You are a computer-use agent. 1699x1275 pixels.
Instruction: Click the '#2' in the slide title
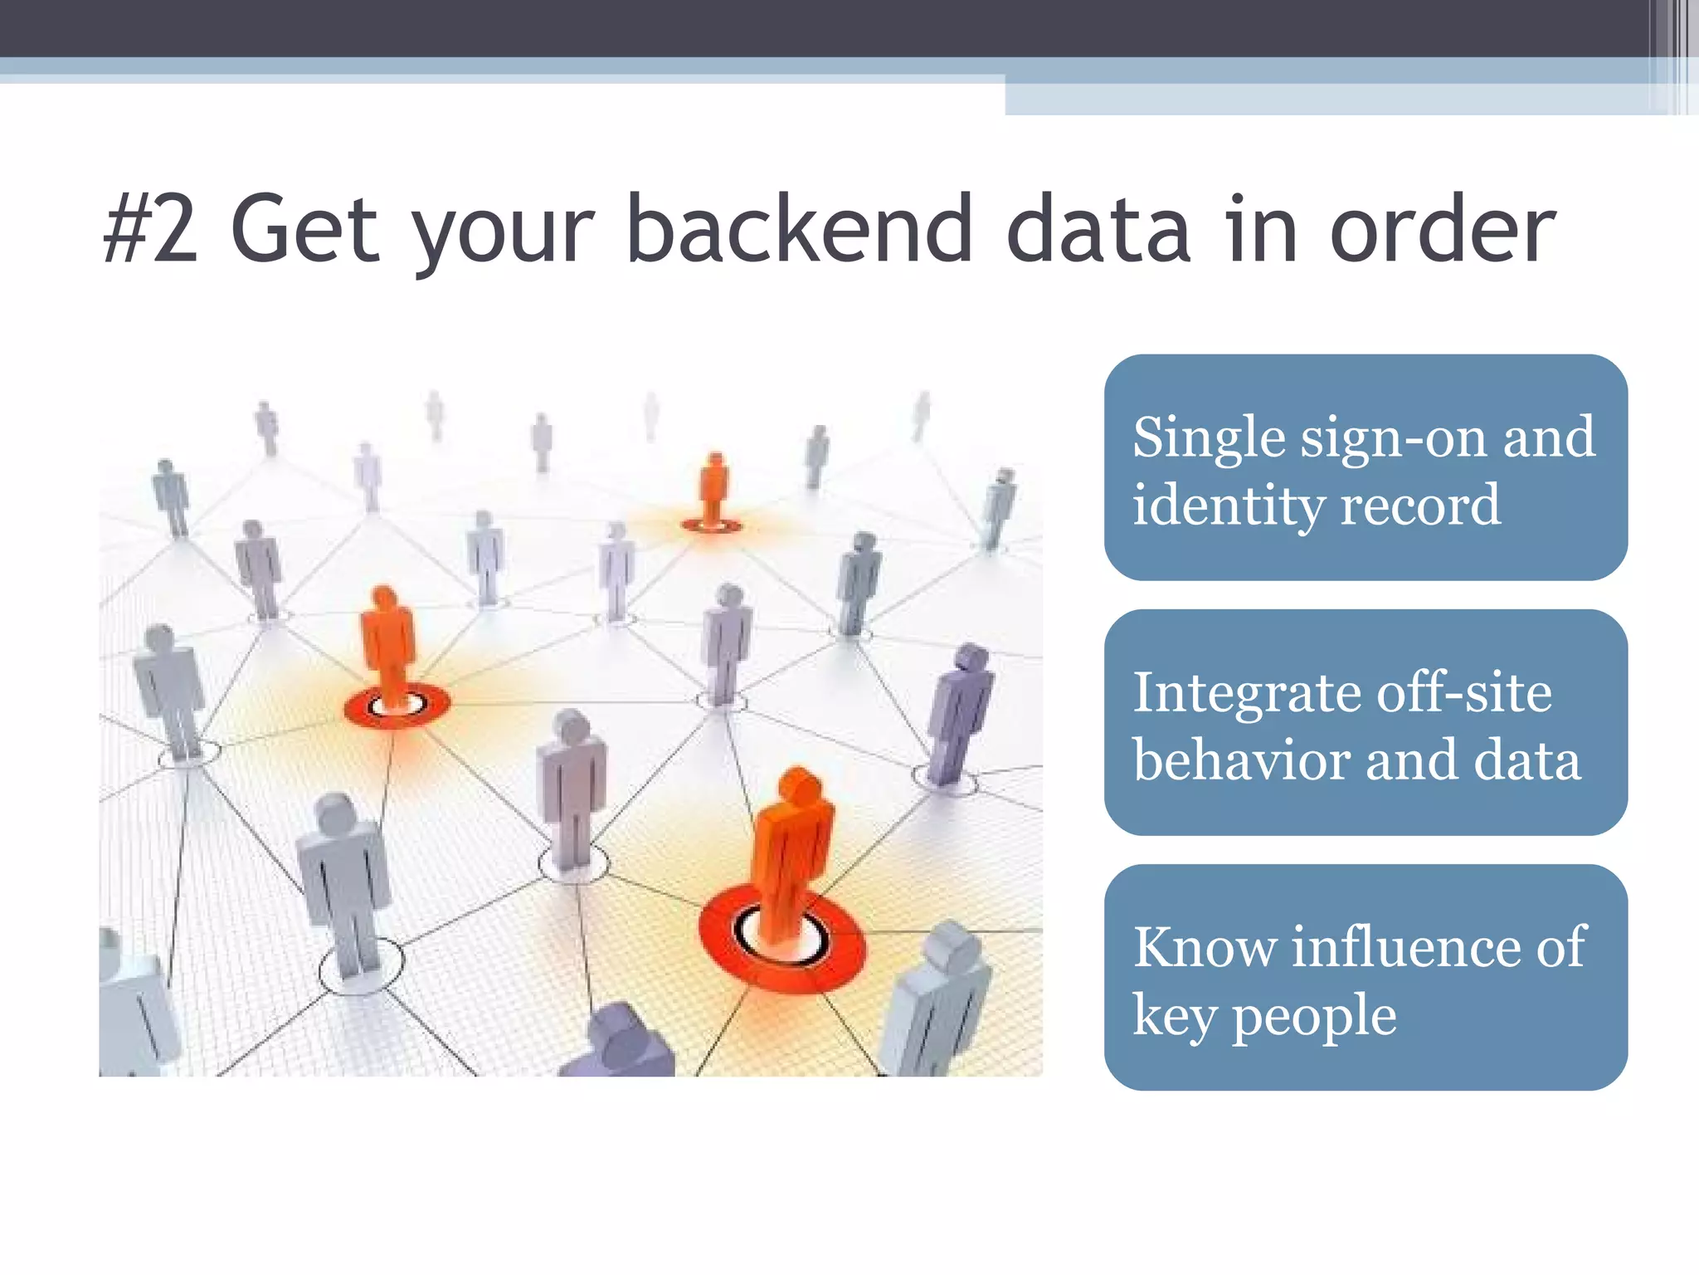click(x=151, y=228)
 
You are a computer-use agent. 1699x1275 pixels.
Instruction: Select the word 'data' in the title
click(x=1098, y=228)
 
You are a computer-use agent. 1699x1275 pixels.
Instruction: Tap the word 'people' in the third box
click(x=1314, y=1016)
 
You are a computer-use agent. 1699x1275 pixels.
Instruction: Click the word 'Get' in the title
click(x=305, y=228)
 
